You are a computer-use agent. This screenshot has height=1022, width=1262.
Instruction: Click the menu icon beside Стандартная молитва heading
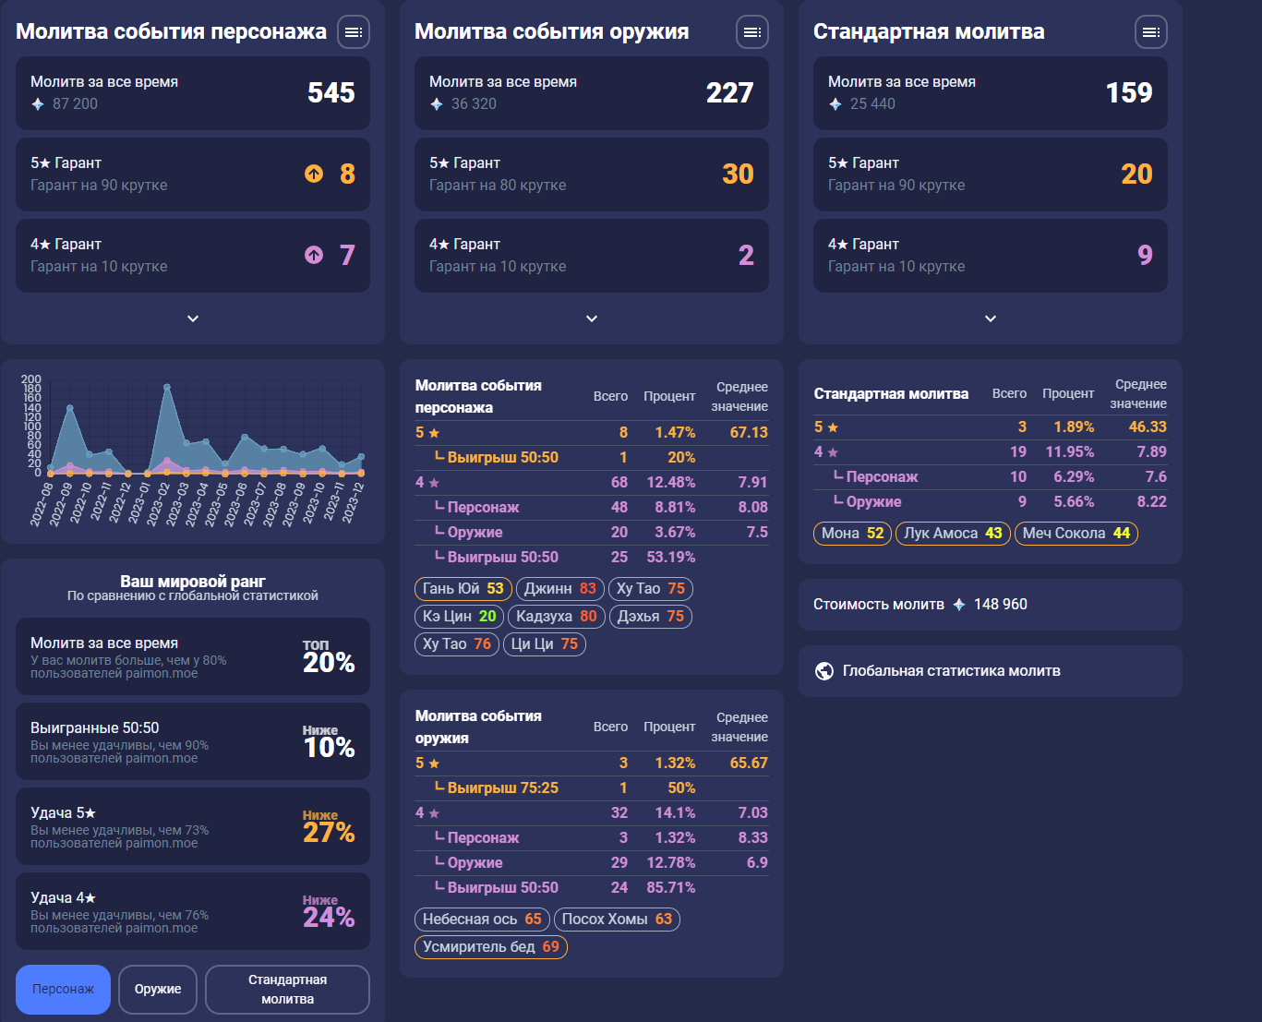tap(1150, 32)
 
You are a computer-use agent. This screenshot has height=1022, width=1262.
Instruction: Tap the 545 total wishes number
tap(331, 93)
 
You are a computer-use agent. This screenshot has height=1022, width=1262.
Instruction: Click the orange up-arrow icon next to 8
tap(314, 174)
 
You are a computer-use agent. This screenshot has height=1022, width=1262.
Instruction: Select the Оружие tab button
tap(158, 989)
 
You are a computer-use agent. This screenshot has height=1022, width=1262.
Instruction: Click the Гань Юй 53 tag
tap(463, 588)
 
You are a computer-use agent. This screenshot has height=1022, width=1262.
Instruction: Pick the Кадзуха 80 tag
tap(557, 616)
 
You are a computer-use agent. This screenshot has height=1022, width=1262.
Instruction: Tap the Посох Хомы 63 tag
tap(617, 919)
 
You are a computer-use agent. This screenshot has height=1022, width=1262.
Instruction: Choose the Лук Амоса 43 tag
tap(953, 534)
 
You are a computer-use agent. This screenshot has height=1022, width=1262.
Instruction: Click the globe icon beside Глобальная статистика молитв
tap(824, 670)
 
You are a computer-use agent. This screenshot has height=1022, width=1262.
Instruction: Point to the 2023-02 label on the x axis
tap(158, 504)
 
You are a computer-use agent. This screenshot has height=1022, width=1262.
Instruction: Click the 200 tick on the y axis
tap(30, 379)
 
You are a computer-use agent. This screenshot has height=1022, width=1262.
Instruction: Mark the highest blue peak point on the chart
tap(167, 387)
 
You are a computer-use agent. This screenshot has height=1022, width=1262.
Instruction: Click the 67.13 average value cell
tap(749, 432)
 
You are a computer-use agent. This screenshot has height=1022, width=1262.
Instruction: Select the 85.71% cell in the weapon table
tap(670, 887)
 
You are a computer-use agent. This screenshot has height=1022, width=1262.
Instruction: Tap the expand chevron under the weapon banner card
tap(592, 319)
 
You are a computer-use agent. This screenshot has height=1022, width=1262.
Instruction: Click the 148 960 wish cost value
tap(1000, 605)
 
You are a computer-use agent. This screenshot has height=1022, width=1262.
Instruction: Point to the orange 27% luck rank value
tap(329, 833)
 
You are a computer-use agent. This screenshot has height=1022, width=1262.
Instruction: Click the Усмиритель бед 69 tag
tap(491, 946)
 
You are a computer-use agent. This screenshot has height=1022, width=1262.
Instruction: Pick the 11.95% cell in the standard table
tap(1069, 452)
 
